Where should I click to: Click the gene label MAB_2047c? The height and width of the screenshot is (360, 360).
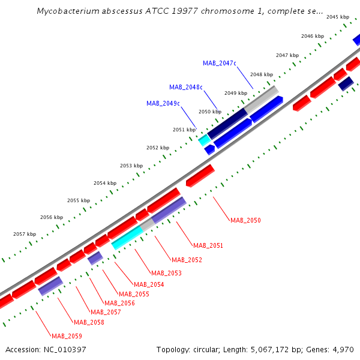(x=220, y=63)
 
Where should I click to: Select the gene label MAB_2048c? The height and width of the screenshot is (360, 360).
(x=186, y=87)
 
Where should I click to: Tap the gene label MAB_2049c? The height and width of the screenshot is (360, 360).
(x=163, y=103)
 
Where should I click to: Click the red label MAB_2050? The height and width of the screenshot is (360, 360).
(x=245, y=221)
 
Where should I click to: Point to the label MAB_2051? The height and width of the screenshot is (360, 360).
(x=208, y=245)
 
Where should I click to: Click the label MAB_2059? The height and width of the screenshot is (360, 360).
(x=67, y=336)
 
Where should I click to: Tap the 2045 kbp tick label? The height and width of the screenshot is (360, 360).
(x=338, y=17)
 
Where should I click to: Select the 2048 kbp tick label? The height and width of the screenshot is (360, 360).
(x=262, y=74)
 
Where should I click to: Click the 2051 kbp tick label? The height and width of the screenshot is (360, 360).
(x=184, y=130)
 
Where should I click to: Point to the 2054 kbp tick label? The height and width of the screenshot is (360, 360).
(x=104, y=183)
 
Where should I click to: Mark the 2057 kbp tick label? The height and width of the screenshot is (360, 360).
(x=25, y=234)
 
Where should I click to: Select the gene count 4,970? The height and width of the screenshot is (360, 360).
(x=343, y=349)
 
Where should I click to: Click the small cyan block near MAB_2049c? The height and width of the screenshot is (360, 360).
(x=205, y=139)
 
